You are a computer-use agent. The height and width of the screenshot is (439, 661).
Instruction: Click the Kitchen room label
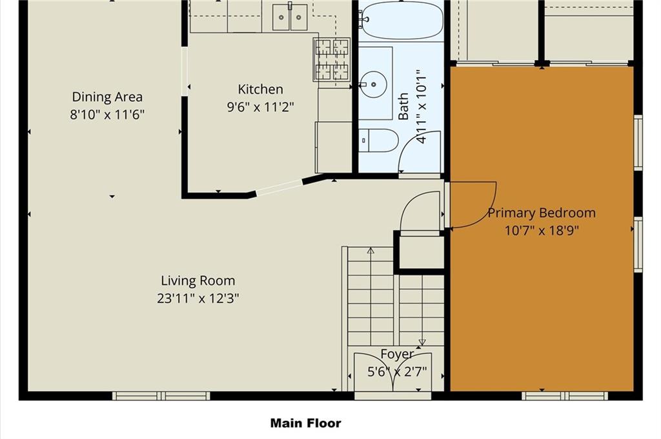(x=261, y=89)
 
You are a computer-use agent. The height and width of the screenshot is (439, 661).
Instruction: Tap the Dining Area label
(x=107, y=97)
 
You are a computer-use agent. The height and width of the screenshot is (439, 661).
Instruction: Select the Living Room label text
(x=198, y=281)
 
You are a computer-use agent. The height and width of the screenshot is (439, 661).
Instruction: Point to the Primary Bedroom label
(x=542, y=213)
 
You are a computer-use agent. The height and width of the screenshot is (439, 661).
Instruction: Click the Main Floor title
(x=305, y=423)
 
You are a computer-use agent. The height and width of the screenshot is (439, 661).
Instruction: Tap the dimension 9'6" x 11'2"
(x=261, y=107)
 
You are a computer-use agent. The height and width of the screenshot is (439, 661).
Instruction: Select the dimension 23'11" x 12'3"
(x=198, y=298)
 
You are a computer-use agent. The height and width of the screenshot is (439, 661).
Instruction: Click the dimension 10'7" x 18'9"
(x=542, y=231)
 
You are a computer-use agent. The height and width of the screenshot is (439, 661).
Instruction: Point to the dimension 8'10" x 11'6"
(x=107, y=115)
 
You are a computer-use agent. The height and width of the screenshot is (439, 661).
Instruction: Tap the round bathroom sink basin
(x=373, y=84)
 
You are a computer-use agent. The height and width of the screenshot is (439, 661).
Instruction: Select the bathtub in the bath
(x=402, y=20)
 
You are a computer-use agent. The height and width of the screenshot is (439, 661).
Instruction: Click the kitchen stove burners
(x=331, y=59)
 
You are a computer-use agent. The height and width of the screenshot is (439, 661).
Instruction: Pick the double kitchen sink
(x=290, y=17)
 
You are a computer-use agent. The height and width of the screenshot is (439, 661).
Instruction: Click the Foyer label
(x=397, y=355)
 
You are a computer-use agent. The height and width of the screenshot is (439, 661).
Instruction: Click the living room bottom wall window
(x=161, y=396)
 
